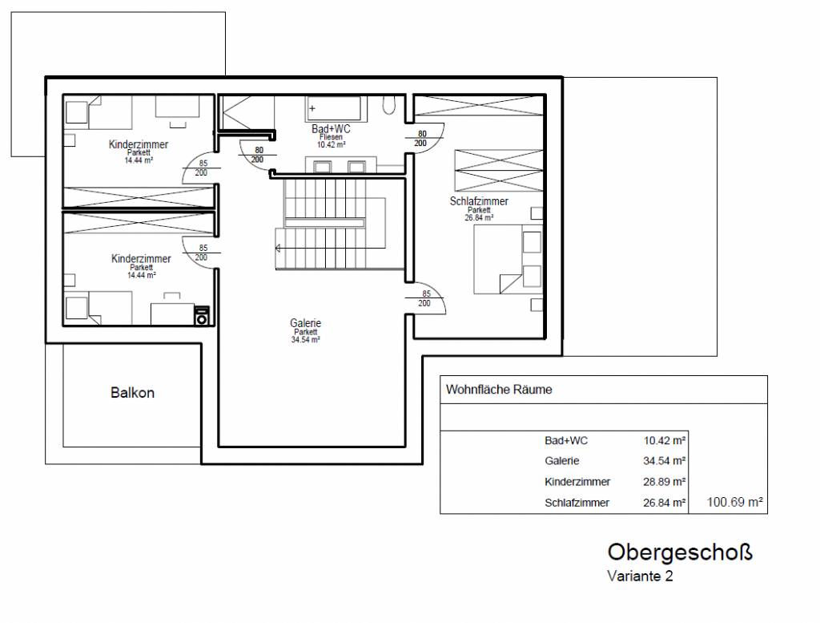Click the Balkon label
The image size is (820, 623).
[132, 393]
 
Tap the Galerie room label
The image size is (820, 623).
[305, 323]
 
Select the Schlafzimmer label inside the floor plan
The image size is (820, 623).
[479, 201]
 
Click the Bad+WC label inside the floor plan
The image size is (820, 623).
[331, 129]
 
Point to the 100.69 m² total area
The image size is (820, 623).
[735, 502]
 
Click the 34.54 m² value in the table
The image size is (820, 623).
[664, 461]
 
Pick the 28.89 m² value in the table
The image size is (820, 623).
[664, 482]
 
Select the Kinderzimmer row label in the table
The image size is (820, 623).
[577, 482]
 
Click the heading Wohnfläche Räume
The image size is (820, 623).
[499, 390]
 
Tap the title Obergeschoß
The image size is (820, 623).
[680, 552]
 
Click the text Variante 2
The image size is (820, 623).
[640, 576]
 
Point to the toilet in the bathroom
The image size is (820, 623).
[389, 105]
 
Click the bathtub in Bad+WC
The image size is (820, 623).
[334, 109]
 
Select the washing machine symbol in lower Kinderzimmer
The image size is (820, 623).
[201, 316]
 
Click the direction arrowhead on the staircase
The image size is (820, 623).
[278, 248]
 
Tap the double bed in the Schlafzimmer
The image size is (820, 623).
[507, 259]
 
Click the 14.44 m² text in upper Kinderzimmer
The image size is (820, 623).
[139, 160]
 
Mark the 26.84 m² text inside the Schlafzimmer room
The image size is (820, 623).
[479, 217]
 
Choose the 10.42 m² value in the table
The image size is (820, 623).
[664, 440]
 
